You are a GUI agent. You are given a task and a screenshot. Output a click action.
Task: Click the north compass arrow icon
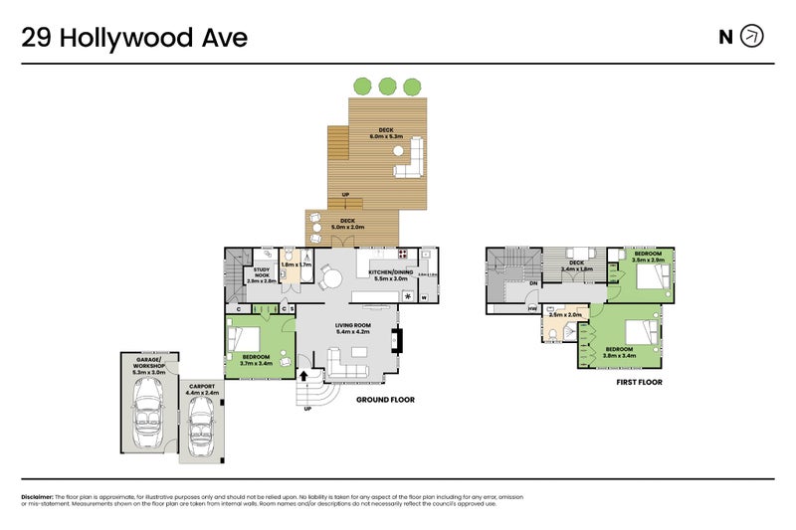pyautogui.click(x=753, y=37)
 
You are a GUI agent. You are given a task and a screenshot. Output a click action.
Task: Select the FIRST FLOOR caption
pyautogui.click(x=639, y=382)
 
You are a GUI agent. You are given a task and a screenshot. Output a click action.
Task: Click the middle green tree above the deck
pyautogui.click(x=387, y=87)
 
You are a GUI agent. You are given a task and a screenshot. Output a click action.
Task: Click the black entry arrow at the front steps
pyautogui.click(x=302, y=375)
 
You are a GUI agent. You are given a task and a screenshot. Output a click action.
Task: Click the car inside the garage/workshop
pyautogui.click(x=149, y=413)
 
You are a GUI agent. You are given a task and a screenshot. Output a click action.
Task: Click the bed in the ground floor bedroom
pyautogui.click(x=249, y=342)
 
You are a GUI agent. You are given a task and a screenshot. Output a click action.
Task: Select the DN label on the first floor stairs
pyautogui.click(x=534, y=283)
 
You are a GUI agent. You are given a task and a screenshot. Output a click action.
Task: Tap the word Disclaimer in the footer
pyautogui.click(x=37, y=496)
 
